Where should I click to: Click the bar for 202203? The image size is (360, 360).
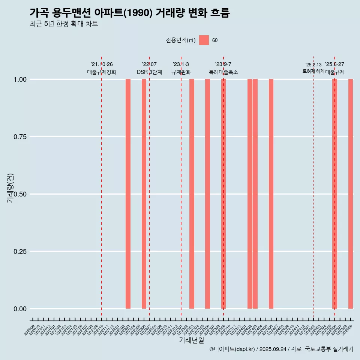(x=128, y=194)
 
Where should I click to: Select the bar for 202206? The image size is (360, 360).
(x=144, y=194)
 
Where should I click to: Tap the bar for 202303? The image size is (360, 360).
(x=192, y=194)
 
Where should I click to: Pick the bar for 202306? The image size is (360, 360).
(x=207, y=194)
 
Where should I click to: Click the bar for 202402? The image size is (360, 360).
(x=250, y=194)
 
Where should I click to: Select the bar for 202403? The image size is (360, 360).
(x=255, y=194)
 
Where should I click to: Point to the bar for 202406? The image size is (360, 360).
(x=271, y=194)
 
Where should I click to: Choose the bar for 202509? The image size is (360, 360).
(x=351, y=194)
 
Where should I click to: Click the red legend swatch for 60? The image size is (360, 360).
(x=204, y=40)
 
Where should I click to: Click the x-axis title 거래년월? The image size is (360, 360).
(x=191, y=340)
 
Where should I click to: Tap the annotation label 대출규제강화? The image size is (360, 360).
(x=102, y=72)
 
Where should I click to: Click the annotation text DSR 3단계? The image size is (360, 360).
(x=149, y=72)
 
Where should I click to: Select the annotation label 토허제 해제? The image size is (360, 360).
(x=313, y=71)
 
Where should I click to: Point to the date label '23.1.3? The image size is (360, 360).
(x=181, y=64)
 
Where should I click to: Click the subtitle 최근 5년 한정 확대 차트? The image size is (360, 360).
(x=64, y=24)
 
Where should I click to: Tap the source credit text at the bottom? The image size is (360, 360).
(x=281, y=349)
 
